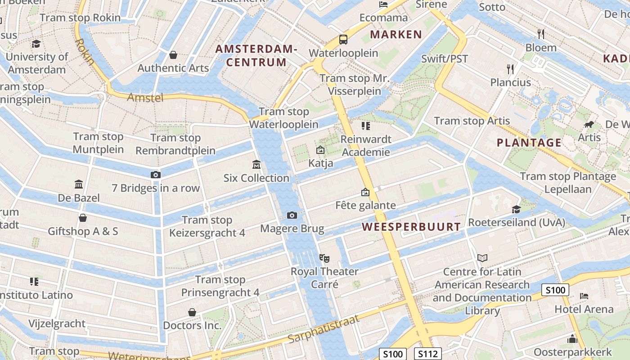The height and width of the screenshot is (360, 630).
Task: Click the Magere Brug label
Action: pyautogui.click(x=292, y=229)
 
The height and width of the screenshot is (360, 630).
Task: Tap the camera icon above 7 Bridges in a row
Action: pyautogui.click(x=155, y=175)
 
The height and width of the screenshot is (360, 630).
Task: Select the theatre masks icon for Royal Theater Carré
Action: pyautogui.click(x=324, y=258)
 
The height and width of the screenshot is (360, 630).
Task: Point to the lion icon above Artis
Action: pyautogui.click(x=589, y=125)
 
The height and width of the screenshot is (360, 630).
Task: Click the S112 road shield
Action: pyautogui.click(x=427, y=354)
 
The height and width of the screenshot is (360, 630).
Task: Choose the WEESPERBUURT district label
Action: pyautogui.click(x=412, y=227)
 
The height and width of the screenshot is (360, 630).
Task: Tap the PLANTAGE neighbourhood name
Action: pyautogui.click(x=529, y=143)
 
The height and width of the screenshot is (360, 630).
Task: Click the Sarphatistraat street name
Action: pyautogui.click(x=324, y=329)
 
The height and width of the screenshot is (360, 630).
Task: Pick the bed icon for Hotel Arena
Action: pyautogui.click(x=584, y=296)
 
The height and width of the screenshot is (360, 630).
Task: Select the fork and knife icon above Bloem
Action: pyautogui.click(x=541, y=34)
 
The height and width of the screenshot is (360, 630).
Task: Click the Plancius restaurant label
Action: pyautogui.click(x=510, y=82)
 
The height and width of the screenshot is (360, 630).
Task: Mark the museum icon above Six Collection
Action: pyautogui.click(x=256, y=164)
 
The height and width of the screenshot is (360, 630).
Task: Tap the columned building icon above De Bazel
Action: pyautogui.click(x=79, y=184)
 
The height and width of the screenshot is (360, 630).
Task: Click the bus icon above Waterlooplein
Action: pyautogui.click(x=343, y=40)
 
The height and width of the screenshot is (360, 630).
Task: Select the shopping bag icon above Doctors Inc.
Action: pyautogui.click(x=192, y=312)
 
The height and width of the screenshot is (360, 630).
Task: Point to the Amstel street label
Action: pyautogui.click(x=145, y=97)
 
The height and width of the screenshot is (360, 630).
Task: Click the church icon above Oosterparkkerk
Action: pyautogui.click(x=572, y=339)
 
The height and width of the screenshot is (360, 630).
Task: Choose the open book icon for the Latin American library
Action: pyautogui.click(x=482, y=258)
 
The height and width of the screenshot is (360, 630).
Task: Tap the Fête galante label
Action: pyautogui.click(x=365, y=205)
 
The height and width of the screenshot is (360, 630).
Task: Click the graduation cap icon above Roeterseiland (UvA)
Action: pyautogui.click(x=516, y=209)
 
